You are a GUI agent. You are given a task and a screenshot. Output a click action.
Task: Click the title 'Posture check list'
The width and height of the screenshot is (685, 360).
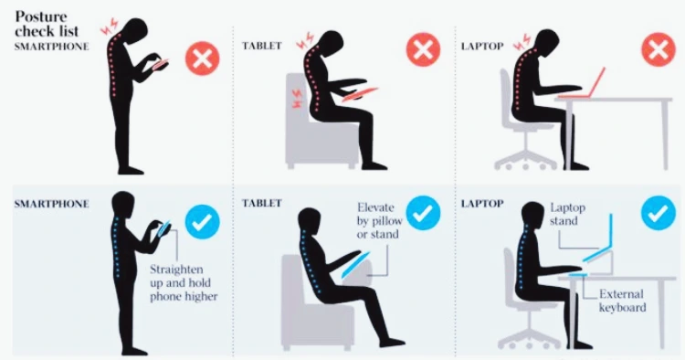(47, 24)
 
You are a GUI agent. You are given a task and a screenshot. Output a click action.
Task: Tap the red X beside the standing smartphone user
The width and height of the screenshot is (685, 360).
(202, 58)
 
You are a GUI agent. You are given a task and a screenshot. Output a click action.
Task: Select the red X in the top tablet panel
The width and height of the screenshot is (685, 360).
(423, 49)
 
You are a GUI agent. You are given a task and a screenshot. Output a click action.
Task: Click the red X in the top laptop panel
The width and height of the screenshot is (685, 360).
(659, 49)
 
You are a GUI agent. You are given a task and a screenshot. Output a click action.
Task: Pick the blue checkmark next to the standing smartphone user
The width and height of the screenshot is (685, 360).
(202, 222)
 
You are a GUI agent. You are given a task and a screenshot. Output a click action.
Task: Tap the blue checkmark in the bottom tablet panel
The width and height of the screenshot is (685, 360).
(423, 213)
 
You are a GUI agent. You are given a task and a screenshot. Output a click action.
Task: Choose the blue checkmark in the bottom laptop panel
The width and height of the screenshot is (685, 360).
(659, 213)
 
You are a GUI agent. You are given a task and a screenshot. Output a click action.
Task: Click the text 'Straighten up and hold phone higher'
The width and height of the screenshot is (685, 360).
(184, 282)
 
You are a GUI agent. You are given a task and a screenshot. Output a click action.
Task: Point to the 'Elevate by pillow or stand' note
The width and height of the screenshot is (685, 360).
(378, 220)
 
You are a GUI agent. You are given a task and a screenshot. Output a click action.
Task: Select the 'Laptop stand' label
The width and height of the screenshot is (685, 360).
(567, 214)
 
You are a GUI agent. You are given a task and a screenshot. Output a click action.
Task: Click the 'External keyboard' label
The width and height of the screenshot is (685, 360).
(622, 301)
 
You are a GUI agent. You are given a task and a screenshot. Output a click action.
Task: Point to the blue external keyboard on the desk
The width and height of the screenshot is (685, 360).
(577, 275)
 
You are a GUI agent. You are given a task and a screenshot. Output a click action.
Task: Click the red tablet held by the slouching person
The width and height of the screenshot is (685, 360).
(360, 94)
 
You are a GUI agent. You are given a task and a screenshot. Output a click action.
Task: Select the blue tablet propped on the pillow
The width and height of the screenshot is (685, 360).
(356, 265)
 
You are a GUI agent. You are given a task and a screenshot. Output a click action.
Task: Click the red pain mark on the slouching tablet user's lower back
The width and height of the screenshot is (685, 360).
(296, 100)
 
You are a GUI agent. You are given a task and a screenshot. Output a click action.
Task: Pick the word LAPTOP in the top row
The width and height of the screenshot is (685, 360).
(482, 46)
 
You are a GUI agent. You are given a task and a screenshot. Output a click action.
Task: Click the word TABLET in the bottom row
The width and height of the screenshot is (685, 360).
(262, 203)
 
